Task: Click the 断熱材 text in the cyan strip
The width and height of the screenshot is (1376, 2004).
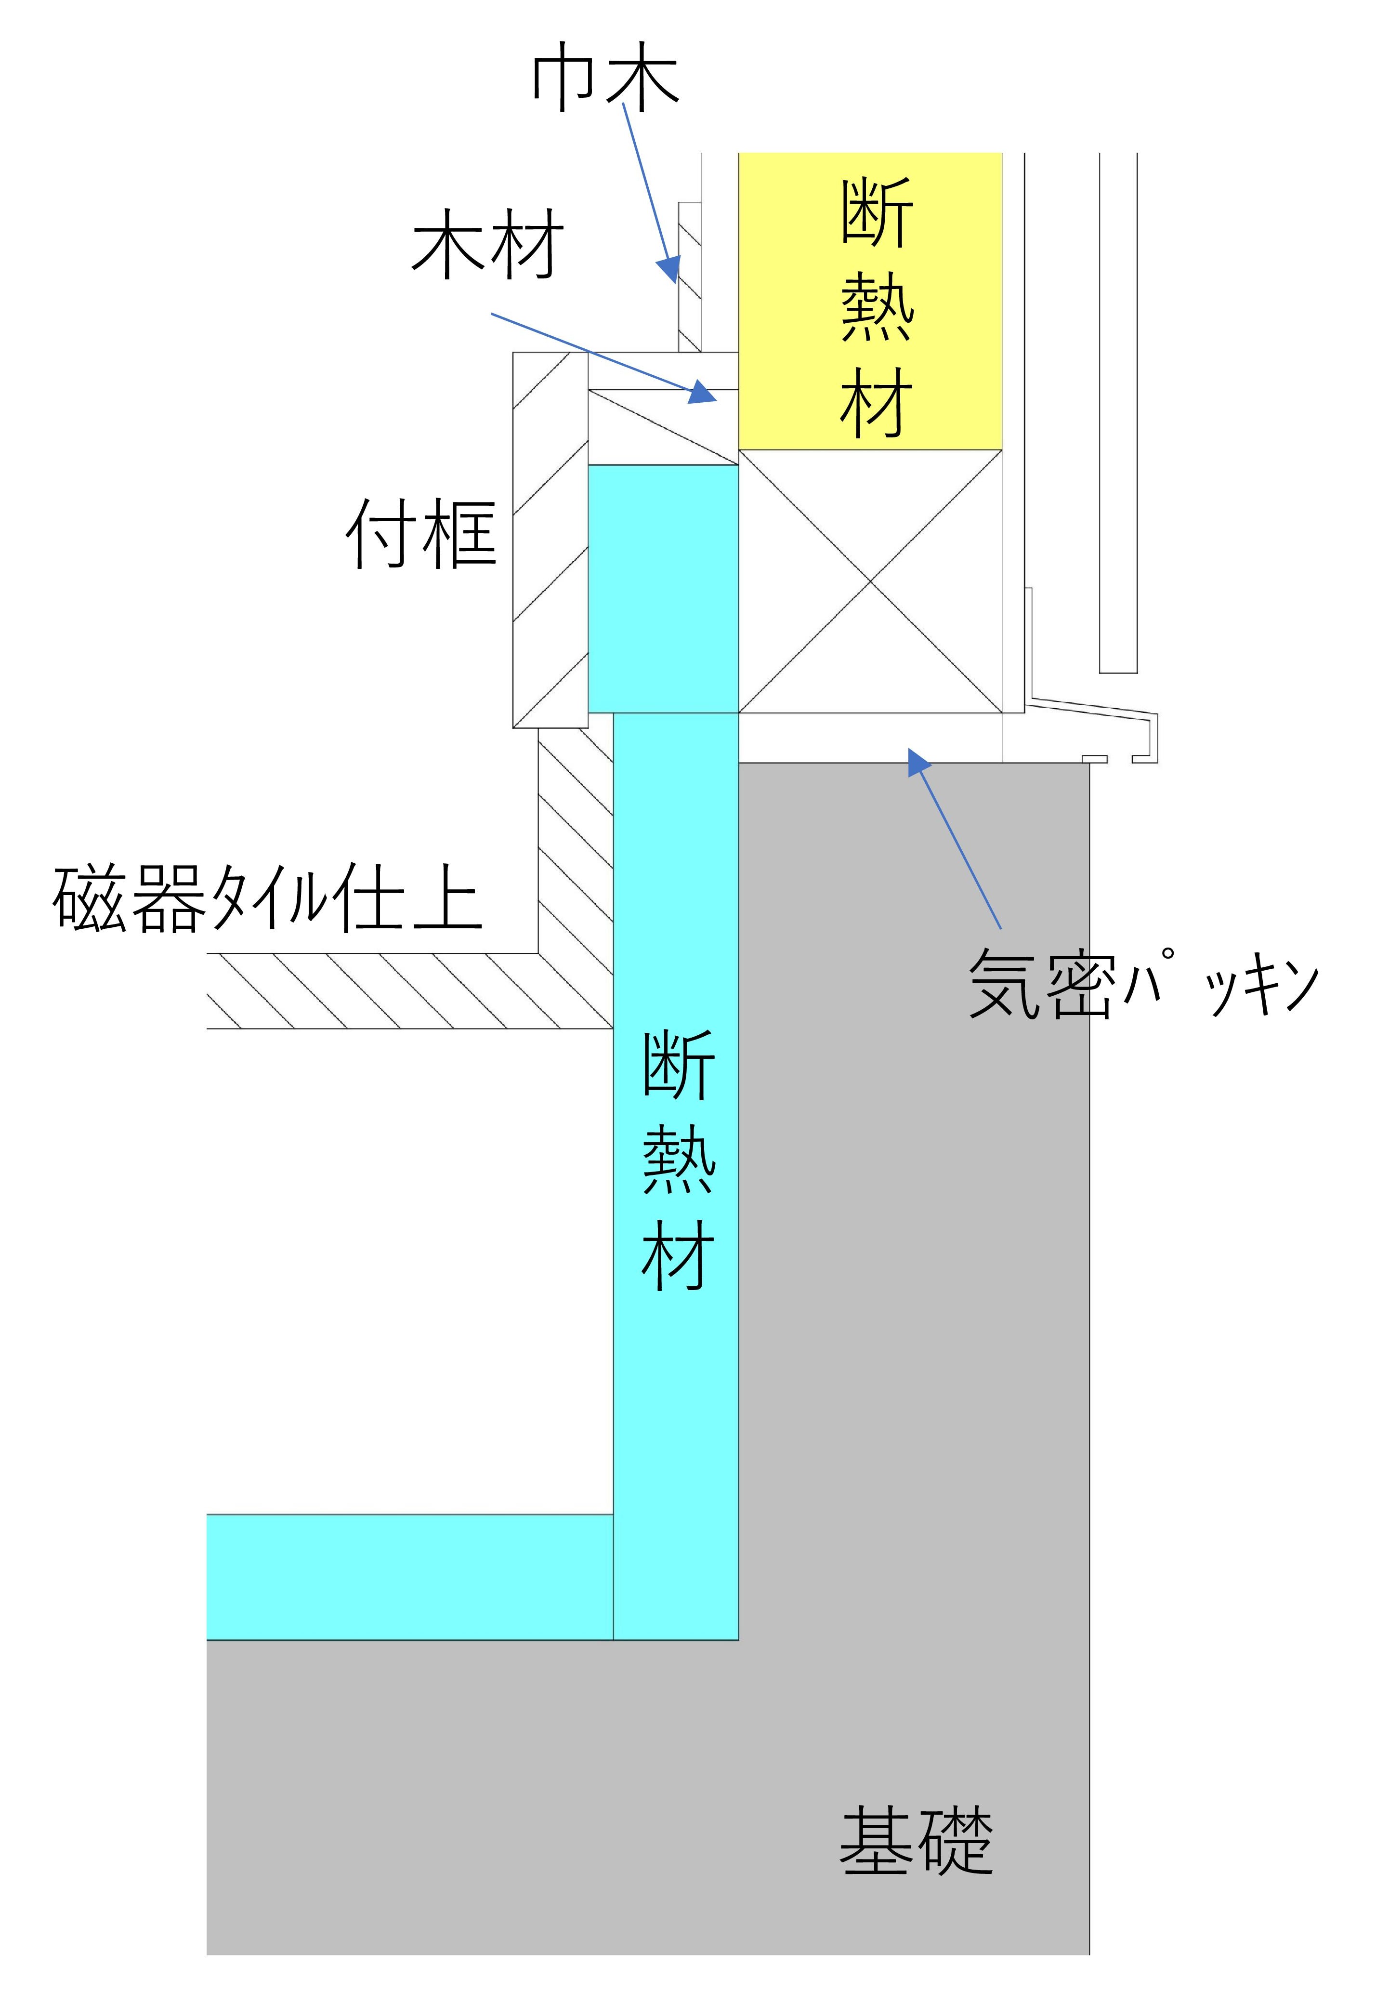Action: (678, 1160)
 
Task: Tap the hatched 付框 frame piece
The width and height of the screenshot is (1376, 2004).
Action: (550, 540)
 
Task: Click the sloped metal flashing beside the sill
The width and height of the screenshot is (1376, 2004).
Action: (1095, 714)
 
